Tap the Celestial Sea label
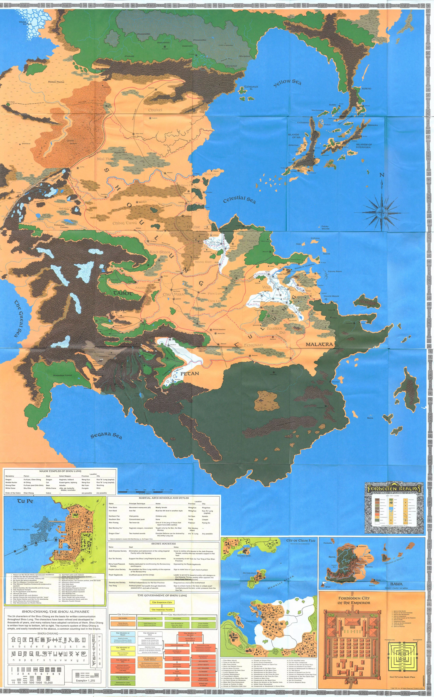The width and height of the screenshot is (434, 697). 239,200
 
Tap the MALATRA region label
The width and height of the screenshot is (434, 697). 319,344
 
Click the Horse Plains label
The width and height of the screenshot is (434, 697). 56,82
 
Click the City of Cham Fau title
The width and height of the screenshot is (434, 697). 301,541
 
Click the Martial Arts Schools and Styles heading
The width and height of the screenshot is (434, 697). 164,498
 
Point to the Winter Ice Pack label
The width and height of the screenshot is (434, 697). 23,23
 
